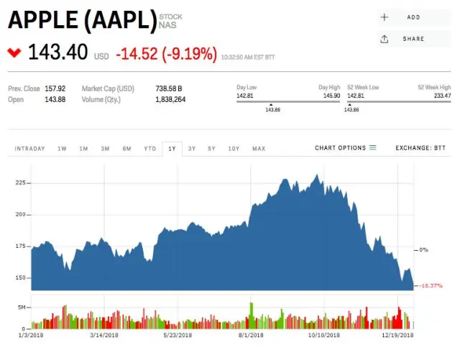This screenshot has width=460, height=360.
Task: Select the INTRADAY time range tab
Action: [30, 149]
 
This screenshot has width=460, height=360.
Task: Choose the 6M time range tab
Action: [126, 149]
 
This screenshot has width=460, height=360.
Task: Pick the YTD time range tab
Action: [149, 149]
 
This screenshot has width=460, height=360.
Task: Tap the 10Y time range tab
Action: [234, 149]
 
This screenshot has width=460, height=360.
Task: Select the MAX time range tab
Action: [259, 149]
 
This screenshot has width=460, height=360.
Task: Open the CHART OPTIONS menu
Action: [345, 148]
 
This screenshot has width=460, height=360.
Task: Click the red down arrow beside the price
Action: [14, 52]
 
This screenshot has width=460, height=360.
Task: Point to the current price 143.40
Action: [57, 52]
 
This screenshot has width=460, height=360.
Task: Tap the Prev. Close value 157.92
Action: [55, 88]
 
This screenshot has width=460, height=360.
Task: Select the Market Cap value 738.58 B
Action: [169, 88]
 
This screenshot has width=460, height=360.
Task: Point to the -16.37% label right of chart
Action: [431, 286]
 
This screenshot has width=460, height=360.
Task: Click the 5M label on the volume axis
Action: [22, 307]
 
